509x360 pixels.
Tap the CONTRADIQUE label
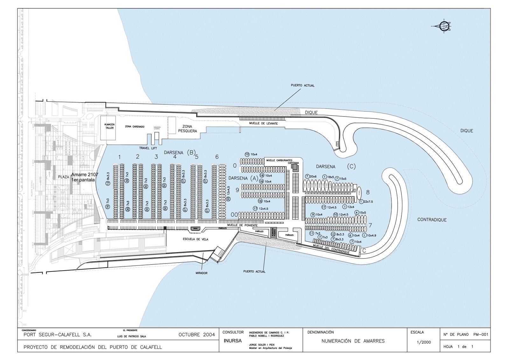tap(432, 220)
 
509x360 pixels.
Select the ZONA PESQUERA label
tap(187, 129)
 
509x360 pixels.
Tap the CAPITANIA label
tap(293, 163)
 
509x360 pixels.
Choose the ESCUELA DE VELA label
tap(195, 239)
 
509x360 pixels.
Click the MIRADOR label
tap(201, 273)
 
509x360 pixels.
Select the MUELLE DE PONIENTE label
tap(242, 225)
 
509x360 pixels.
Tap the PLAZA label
tap(64, 177)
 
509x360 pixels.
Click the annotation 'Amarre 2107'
tap(84, 174)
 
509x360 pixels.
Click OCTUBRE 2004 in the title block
tap(197, 335)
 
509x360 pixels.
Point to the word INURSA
tap(233, 341)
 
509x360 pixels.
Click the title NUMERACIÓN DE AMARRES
tap(353, 341)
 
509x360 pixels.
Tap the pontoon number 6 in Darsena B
tap(217, 157)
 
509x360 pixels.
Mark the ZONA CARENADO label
tap(135, 127)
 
